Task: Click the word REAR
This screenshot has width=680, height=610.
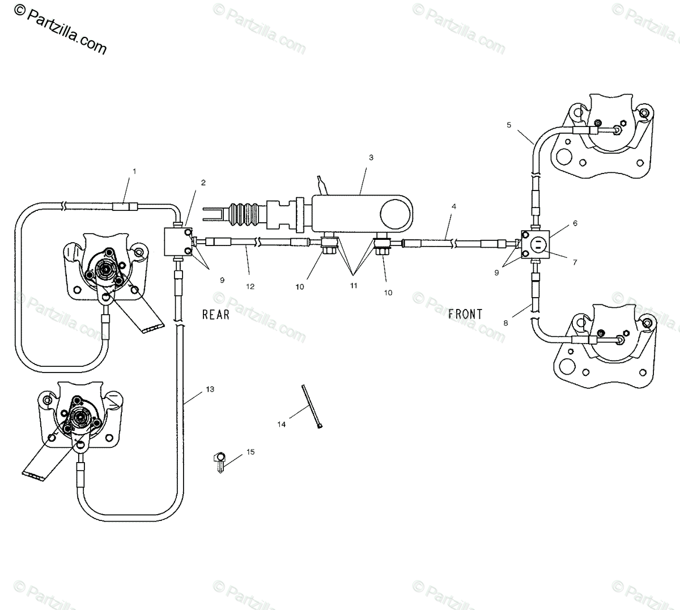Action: pyautogui.click(x=216, y=314)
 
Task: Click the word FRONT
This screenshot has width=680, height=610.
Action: pyautogui.click(x=465, y=314)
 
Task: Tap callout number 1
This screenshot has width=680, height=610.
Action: pyautogui.click(x=134, y=171)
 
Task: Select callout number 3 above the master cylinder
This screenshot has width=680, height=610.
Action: pyautogui.click(x=371, y=157)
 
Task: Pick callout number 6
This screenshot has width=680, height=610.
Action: pyautogui.click(x=575, y=223)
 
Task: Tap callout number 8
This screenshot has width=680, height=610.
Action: pyautogui.click(x=506, y=323)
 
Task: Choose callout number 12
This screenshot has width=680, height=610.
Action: pyautogui.click(x=250, y=286)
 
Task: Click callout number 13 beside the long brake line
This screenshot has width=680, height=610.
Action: pyautogui.click(x=210, y=389)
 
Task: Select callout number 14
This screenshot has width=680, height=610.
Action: pyautogui.click(x=282, y=423)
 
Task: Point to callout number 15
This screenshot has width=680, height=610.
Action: pyautogui.click(x=250, y=452)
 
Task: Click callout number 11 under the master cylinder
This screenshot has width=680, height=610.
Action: pyautogui.click(x=354, y=286)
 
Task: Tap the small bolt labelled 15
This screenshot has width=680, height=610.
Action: pyautogui.click(x=219, y=460)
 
